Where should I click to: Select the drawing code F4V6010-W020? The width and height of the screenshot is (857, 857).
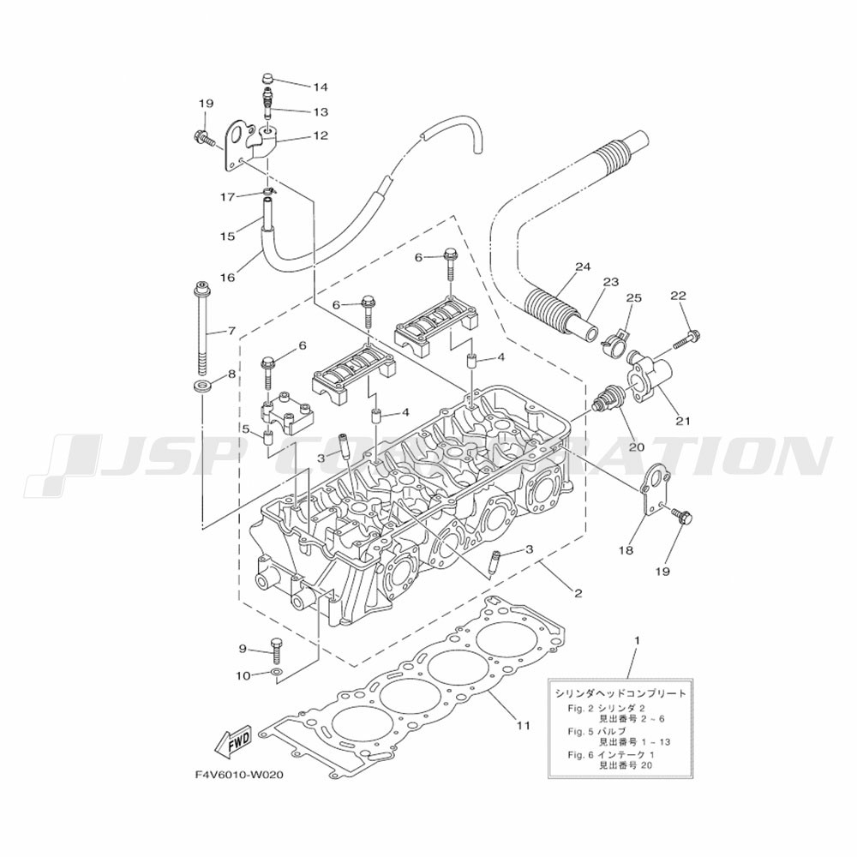click(239, 776)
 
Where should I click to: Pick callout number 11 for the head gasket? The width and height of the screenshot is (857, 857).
click(523, 725)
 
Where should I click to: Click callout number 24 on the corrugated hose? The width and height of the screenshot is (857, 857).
click(583, 267)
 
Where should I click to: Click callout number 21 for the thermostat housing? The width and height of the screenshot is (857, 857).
click(683, 421)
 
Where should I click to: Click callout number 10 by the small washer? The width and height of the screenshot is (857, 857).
click(243, 676)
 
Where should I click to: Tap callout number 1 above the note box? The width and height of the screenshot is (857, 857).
click(636, 639)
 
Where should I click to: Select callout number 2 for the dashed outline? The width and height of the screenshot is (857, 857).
click(578, 593)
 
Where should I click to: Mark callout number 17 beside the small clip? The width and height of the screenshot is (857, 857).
click(228, 197)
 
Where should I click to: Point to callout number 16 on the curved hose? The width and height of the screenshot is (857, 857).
click(227, 278)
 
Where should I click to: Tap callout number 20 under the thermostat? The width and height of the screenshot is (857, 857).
click(637, 446)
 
